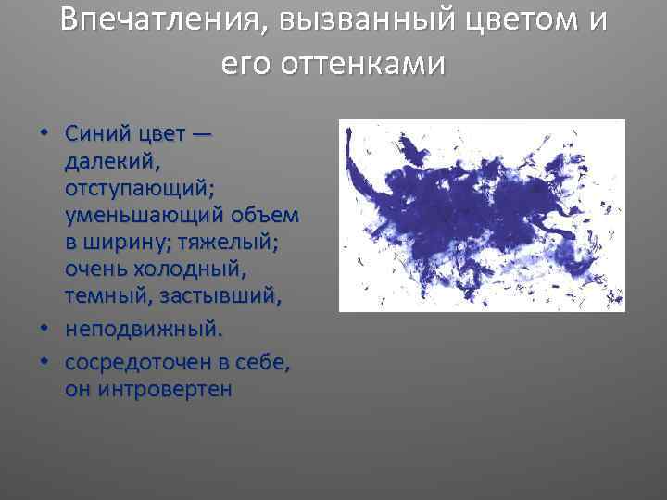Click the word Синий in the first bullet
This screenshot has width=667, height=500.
pos(94,133)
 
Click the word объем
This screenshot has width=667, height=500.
pos(269,216)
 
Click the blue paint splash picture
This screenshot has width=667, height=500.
pos(482,215)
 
